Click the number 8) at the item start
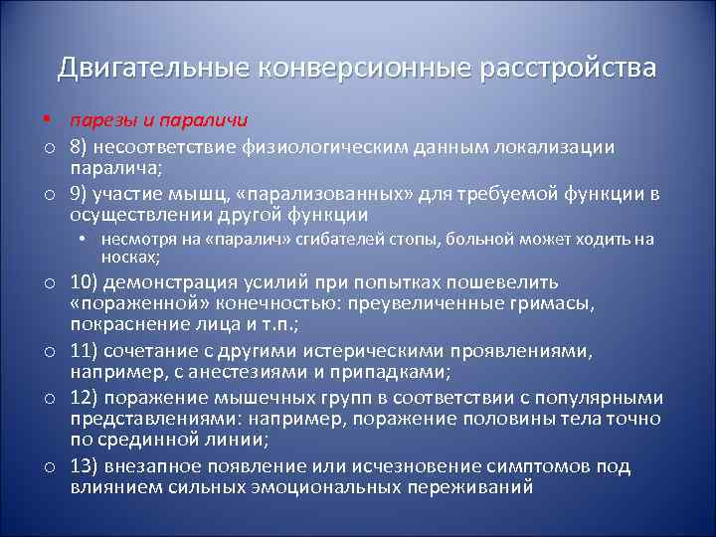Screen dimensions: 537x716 click(81, 146)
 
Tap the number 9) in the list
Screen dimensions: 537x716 click(81, 194)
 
